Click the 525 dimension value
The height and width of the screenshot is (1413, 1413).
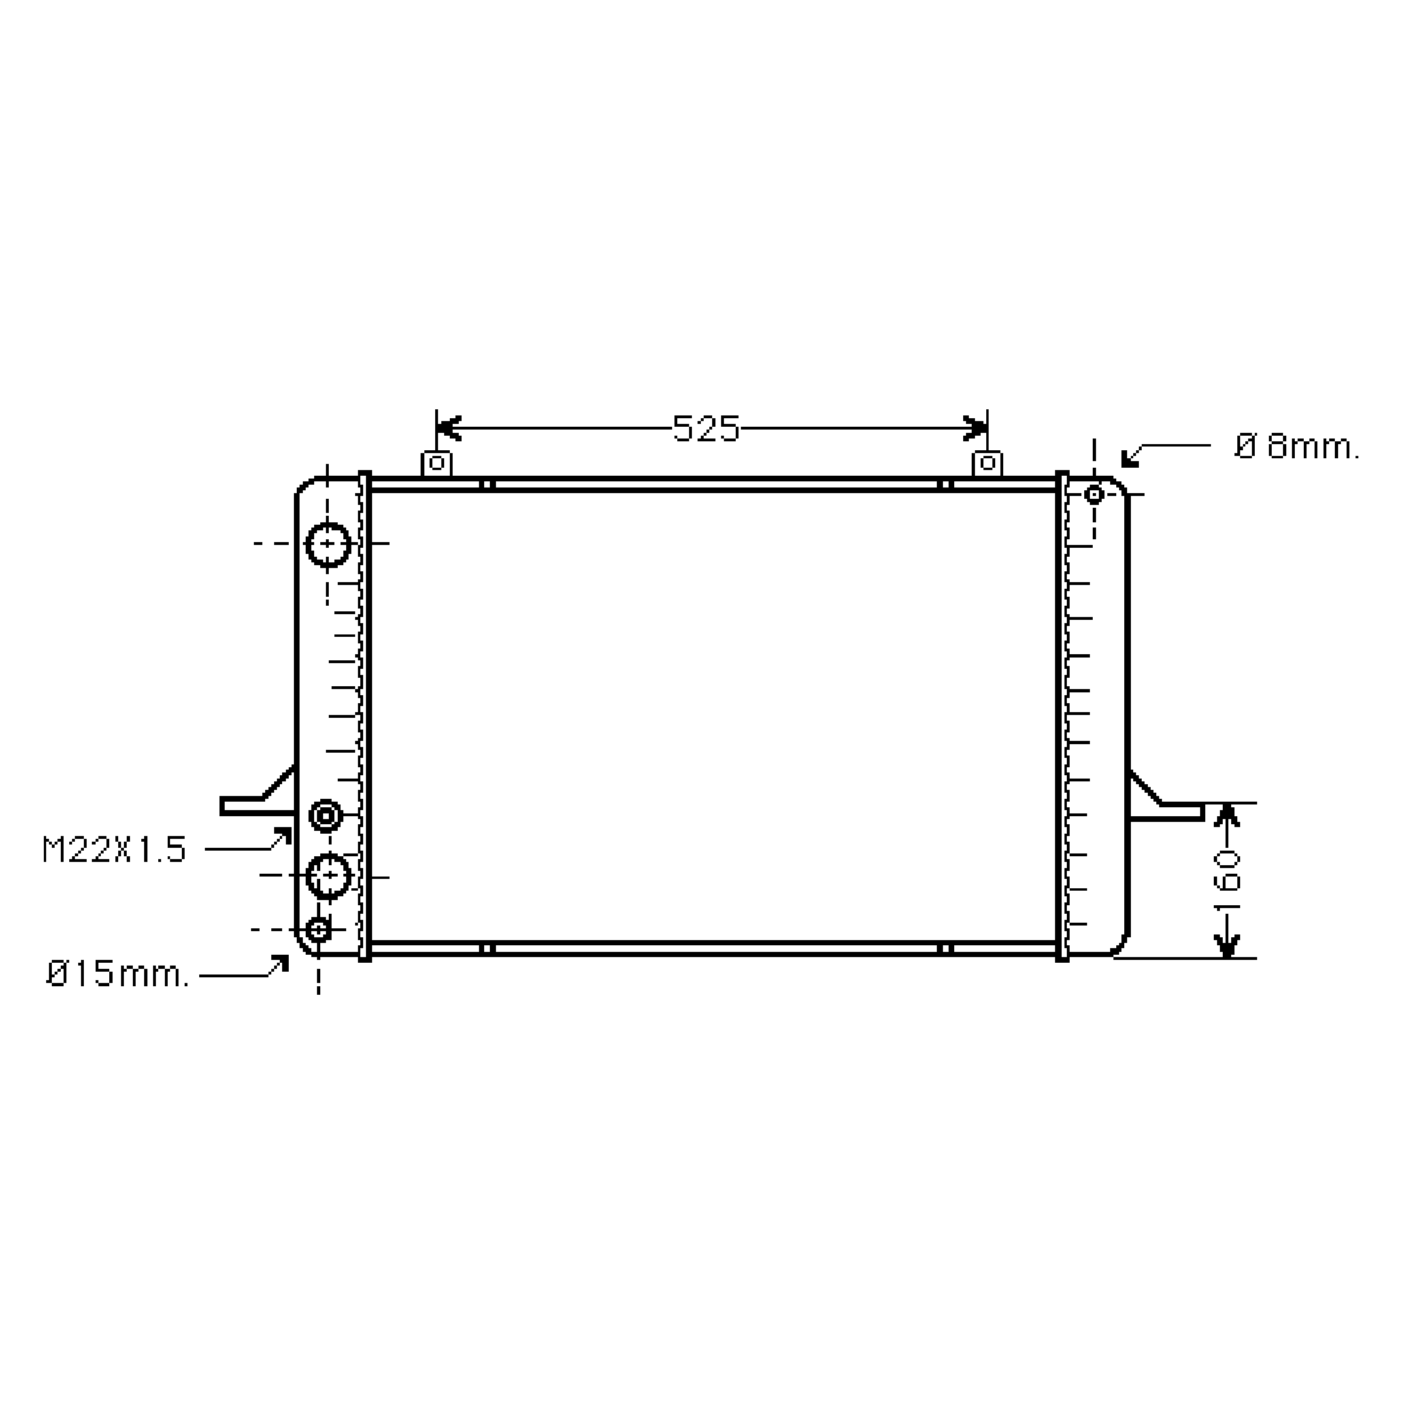click(x=706, y=429)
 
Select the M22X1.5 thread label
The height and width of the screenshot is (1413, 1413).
click(x=114, y=849)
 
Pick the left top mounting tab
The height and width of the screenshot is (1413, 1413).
click(x=437, y=463)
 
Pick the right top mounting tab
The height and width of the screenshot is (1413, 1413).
click(x=987, y=463)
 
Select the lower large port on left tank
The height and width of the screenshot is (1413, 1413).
click(x=328, y=876)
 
